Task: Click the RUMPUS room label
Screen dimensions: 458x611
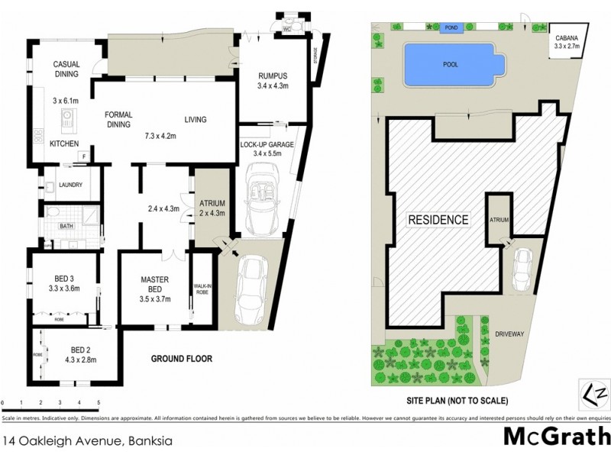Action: [272, 75]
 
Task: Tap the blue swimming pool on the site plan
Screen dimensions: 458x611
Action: [451, 64]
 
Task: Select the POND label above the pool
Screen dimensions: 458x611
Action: [451, 27]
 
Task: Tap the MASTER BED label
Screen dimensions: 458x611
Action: [154, 283]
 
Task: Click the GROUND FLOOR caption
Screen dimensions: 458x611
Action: [181, 359]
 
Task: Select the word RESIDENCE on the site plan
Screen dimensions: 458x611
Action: [438, 220]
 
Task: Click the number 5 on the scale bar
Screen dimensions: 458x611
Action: [99, 402]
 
